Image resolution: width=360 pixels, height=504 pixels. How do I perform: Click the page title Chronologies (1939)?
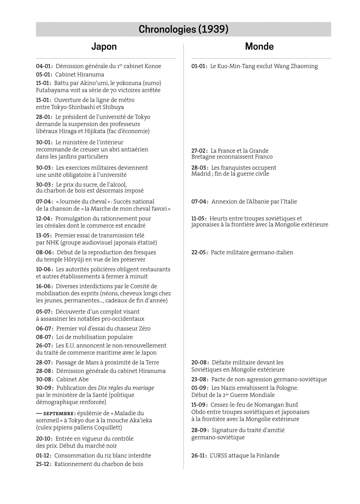coord(183,29)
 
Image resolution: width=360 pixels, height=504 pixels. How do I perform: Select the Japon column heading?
coord(104,46)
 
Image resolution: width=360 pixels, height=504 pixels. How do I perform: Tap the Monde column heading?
coord(259,46)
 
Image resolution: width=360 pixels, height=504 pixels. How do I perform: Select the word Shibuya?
coord(113,107)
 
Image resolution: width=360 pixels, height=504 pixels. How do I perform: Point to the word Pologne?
coord(287,388)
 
